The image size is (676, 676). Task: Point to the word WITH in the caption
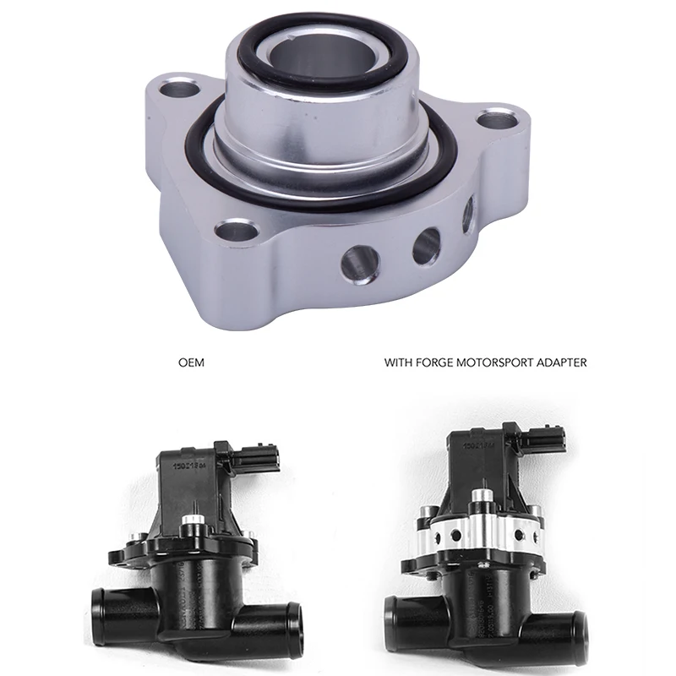tap(397, 363)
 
